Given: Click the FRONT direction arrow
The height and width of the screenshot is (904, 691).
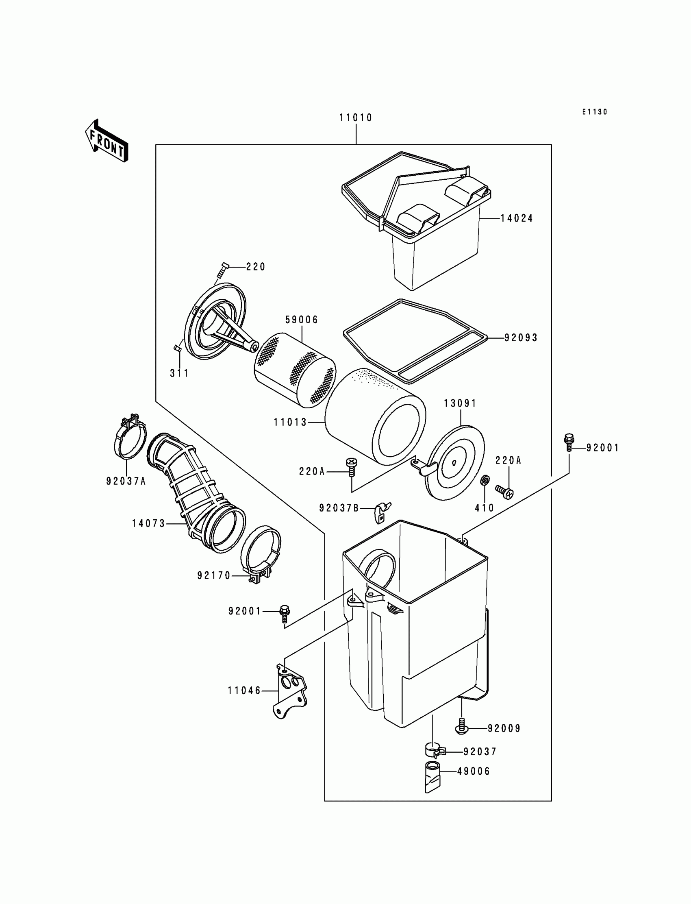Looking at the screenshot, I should [x=106, y=141].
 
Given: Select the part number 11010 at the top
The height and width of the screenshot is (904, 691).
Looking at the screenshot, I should [x=355, y=118].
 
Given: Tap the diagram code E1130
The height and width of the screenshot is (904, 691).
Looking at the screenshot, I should [x=594, y=112].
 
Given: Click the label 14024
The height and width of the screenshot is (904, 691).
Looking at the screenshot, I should [x=517, y=218].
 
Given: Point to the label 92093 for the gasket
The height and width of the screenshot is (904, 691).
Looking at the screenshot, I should [x=521, y=338].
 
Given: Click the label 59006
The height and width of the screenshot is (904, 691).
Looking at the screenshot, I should [x=302, y=320].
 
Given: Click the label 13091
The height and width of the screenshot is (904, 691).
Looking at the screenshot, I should [x=460, y=403].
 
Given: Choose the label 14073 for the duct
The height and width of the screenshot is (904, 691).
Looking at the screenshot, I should [x=148, y=523].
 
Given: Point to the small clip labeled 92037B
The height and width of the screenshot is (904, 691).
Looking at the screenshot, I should [x=382, y=512].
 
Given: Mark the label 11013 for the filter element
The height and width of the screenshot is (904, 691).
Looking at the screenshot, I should [x=290, y=422].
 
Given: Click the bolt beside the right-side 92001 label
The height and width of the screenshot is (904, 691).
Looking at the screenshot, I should [x=569, y=442].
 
